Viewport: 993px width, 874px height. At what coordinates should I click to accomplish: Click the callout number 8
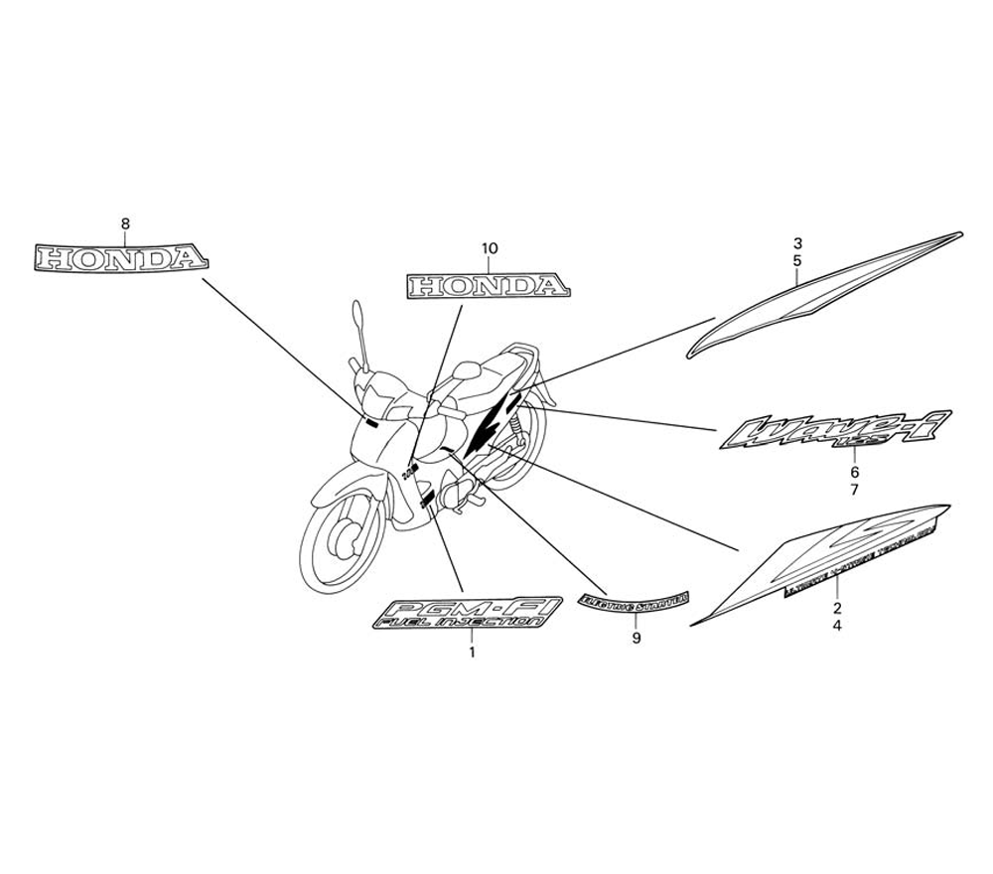pyautogui.click(x=125, y=223)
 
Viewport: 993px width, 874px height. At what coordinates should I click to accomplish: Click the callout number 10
pyautogui.click(x=489, y=248)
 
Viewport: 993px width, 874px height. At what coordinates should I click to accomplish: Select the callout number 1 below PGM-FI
pyautogui.click(x=472, y=653)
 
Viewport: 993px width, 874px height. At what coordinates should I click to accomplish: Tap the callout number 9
pyautogui.click(x=637, y=639)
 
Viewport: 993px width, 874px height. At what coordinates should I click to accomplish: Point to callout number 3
pyautogui.click(x=797, y=242)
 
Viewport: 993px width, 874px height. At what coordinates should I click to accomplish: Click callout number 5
pyautogui.click(x=797, y=260)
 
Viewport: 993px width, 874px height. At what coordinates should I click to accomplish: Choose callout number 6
pyautogui.click(x=854, y=472)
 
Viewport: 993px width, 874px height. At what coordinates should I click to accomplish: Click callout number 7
pyautogui.click(x=854, y=490)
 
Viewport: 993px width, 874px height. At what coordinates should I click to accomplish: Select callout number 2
pyautogui.click(x=837, y=608)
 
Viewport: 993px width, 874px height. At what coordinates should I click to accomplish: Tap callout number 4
pyautogui.click(x=837, y=626)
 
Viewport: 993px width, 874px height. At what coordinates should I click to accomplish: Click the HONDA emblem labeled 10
pyautogui.click(x=488, y=287)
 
